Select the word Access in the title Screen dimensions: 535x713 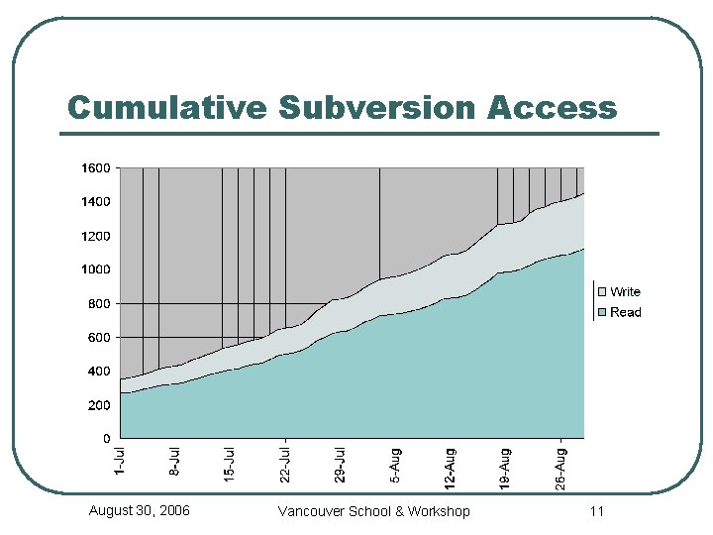(x=552, y=107)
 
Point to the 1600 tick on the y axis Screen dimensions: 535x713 (x=95, y=168)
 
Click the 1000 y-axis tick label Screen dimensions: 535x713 (x=95, y=269)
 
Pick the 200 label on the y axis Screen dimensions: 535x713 (x=98, y=405)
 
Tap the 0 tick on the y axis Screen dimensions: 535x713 (x=106, y=438)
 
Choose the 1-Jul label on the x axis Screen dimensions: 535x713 (x=120, y=462)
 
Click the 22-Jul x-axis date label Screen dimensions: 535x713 (x=285, y=464)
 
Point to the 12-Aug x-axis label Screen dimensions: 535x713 (x=451, y=468)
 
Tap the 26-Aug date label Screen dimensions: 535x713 (x=561, y=468)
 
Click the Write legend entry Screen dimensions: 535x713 (x=625, y=291)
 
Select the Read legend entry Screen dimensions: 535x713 (x=625, y=312)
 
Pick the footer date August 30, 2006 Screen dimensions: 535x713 (x=140, y=510)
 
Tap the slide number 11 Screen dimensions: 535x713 (x=596, y=511)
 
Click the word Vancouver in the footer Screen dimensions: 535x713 (x=311, y=511)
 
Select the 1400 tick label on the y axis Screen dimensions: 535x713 (x=95, y=202)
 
